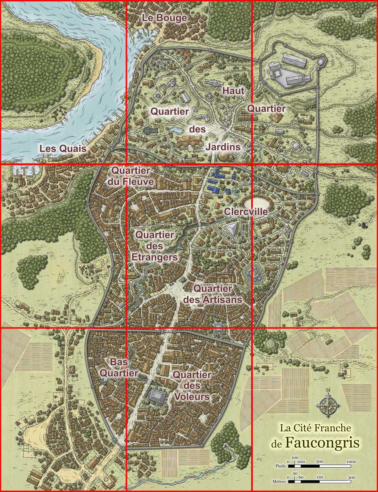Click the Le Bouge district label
pyautogui.click(x=164, y=18)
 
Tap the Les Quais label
pyautogui.click(x=63, y=149)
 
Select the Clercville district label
pyautogui.click(x=246, y=212)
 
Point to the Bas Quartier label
pyautogui.click(x=119, y=367)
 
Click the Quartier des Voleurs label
pyautogui.click(x=192, y=386)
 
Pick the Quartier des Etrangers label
pyautogui.click(x=155, y=246)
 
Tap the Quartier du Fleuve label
pyautogui.click(x=131, y=176)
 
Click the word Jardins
pyautogui.click(x=223, y=147)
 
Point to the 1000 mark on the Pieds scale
pyautogui.click(x=351, y=461)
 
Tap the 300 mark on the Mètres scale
pyautogui.click(x=351, y=477)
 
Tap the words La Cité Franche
pyautogui.click(x=315, y=428)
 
